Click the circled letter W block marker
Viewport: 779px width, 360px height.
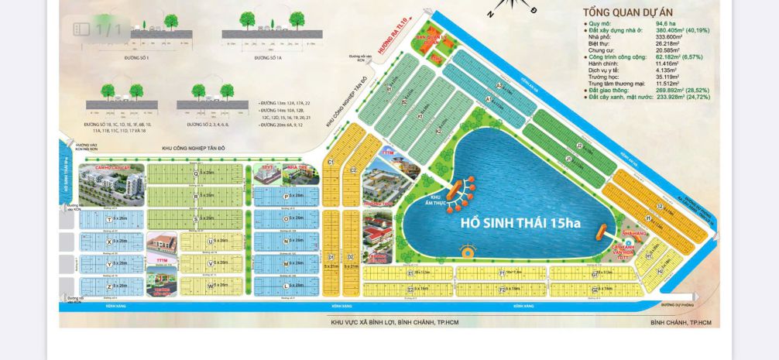click(x=211, y=285)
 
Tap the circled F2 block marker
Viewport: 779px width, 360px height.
click(x=502, y=289)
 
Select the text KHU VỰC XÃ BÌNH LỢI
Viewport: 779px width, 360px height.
click(x=364, y=322)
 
